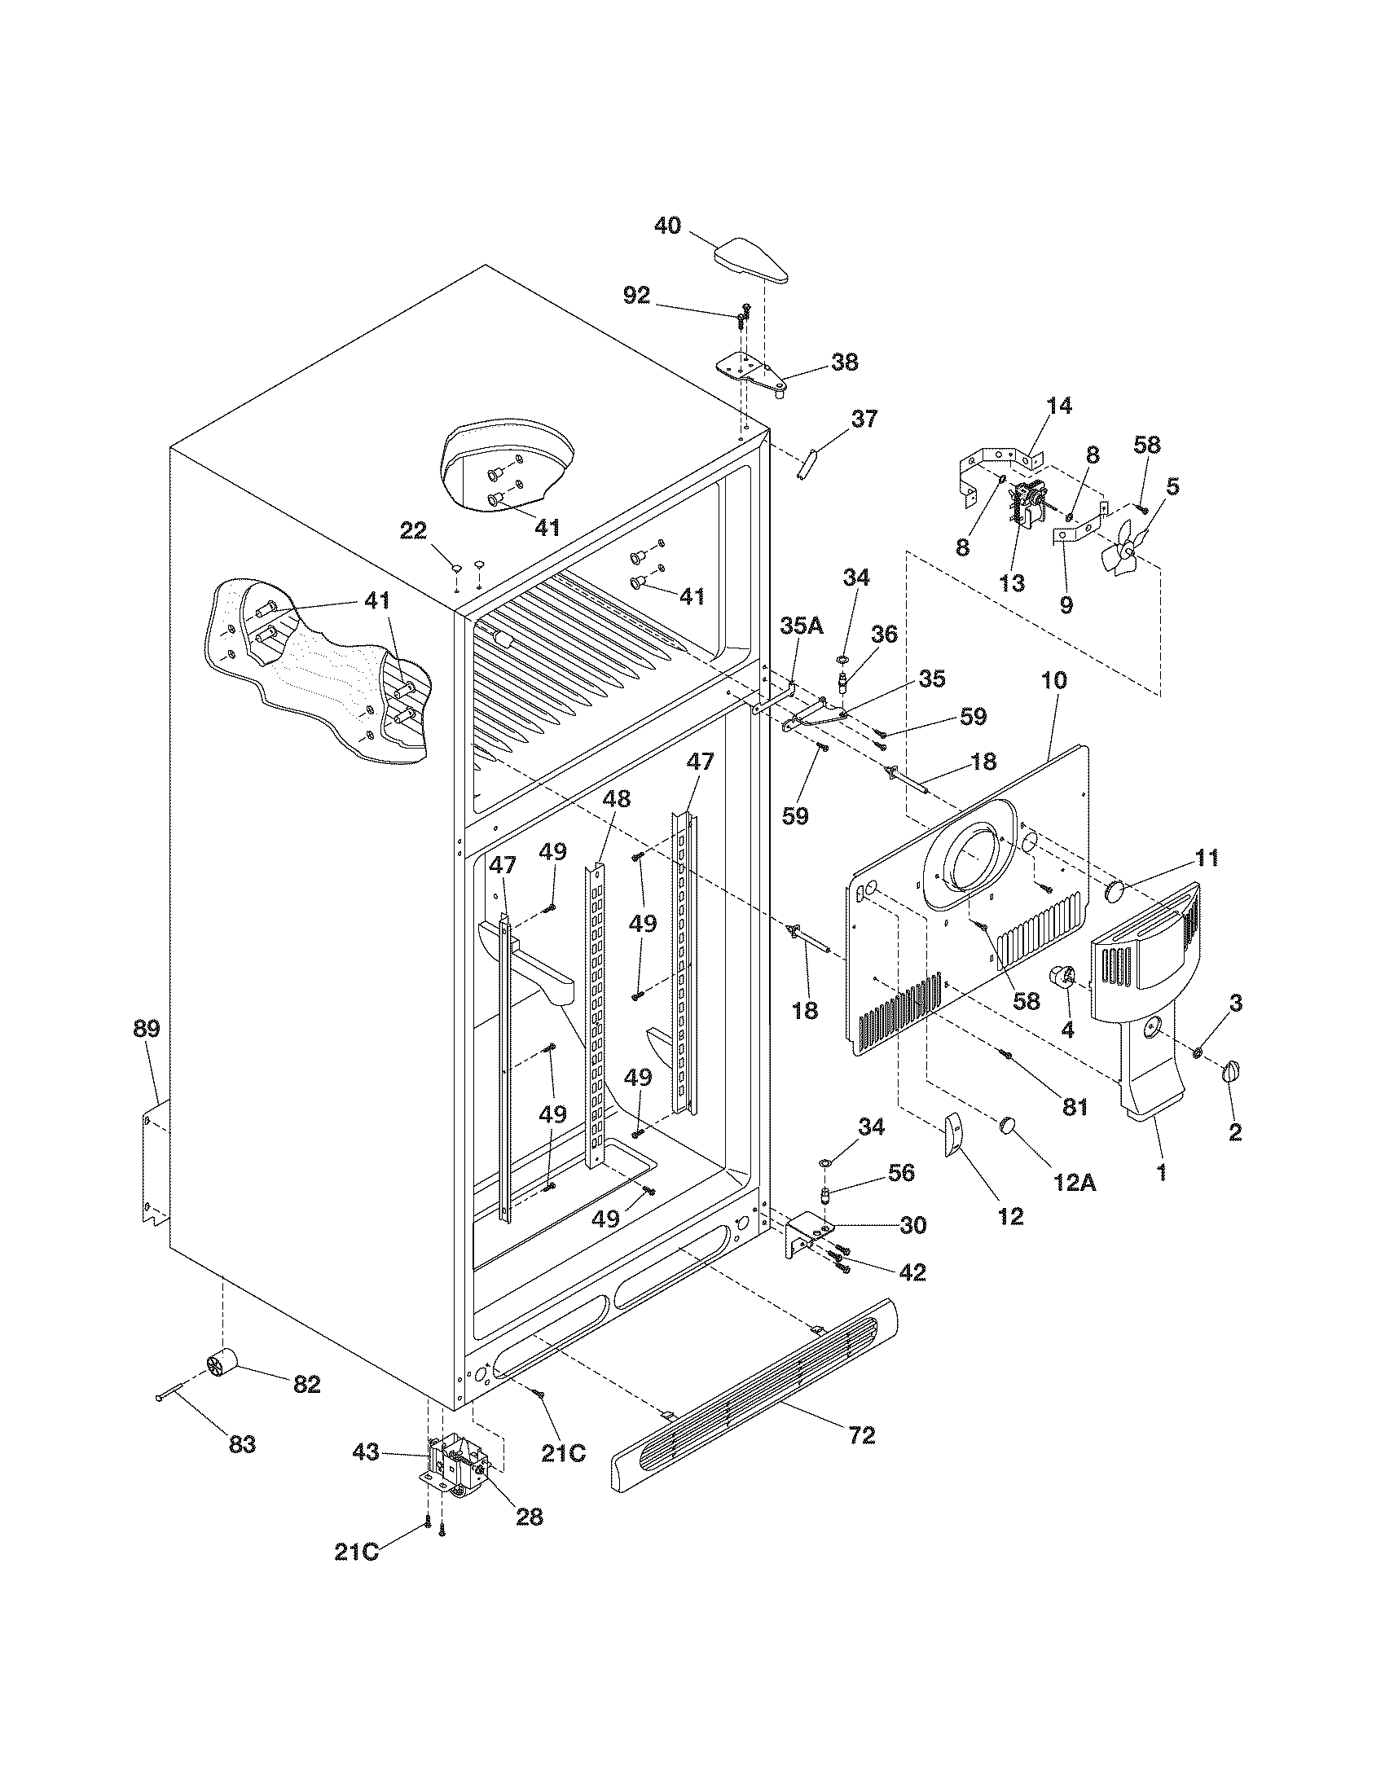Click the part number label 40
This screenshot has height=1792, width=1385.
(x=667, y=226)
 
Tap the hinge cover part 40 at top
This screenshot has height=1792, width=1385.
(x=753, y=262)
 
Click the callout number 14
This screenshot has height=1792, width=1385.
(x=1058, y=406)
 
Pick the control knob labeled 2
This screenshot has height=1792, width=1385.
(x=1233, y=1072)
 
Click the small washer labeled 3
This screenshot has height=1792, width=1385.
(x=1197, y=1052)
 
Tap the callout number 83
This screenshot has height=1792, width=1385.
(x=241, y=1445)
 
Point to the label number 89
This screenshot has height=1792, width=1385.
(x=147, y=1029)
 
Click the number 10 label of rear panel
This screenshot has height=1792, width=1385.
(x=1054, y=679)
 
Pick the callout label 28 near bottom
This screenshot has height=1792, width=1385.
(x=530, y=1517)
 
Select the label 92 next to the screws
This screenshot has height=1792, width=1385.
(x=636, y=296)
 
